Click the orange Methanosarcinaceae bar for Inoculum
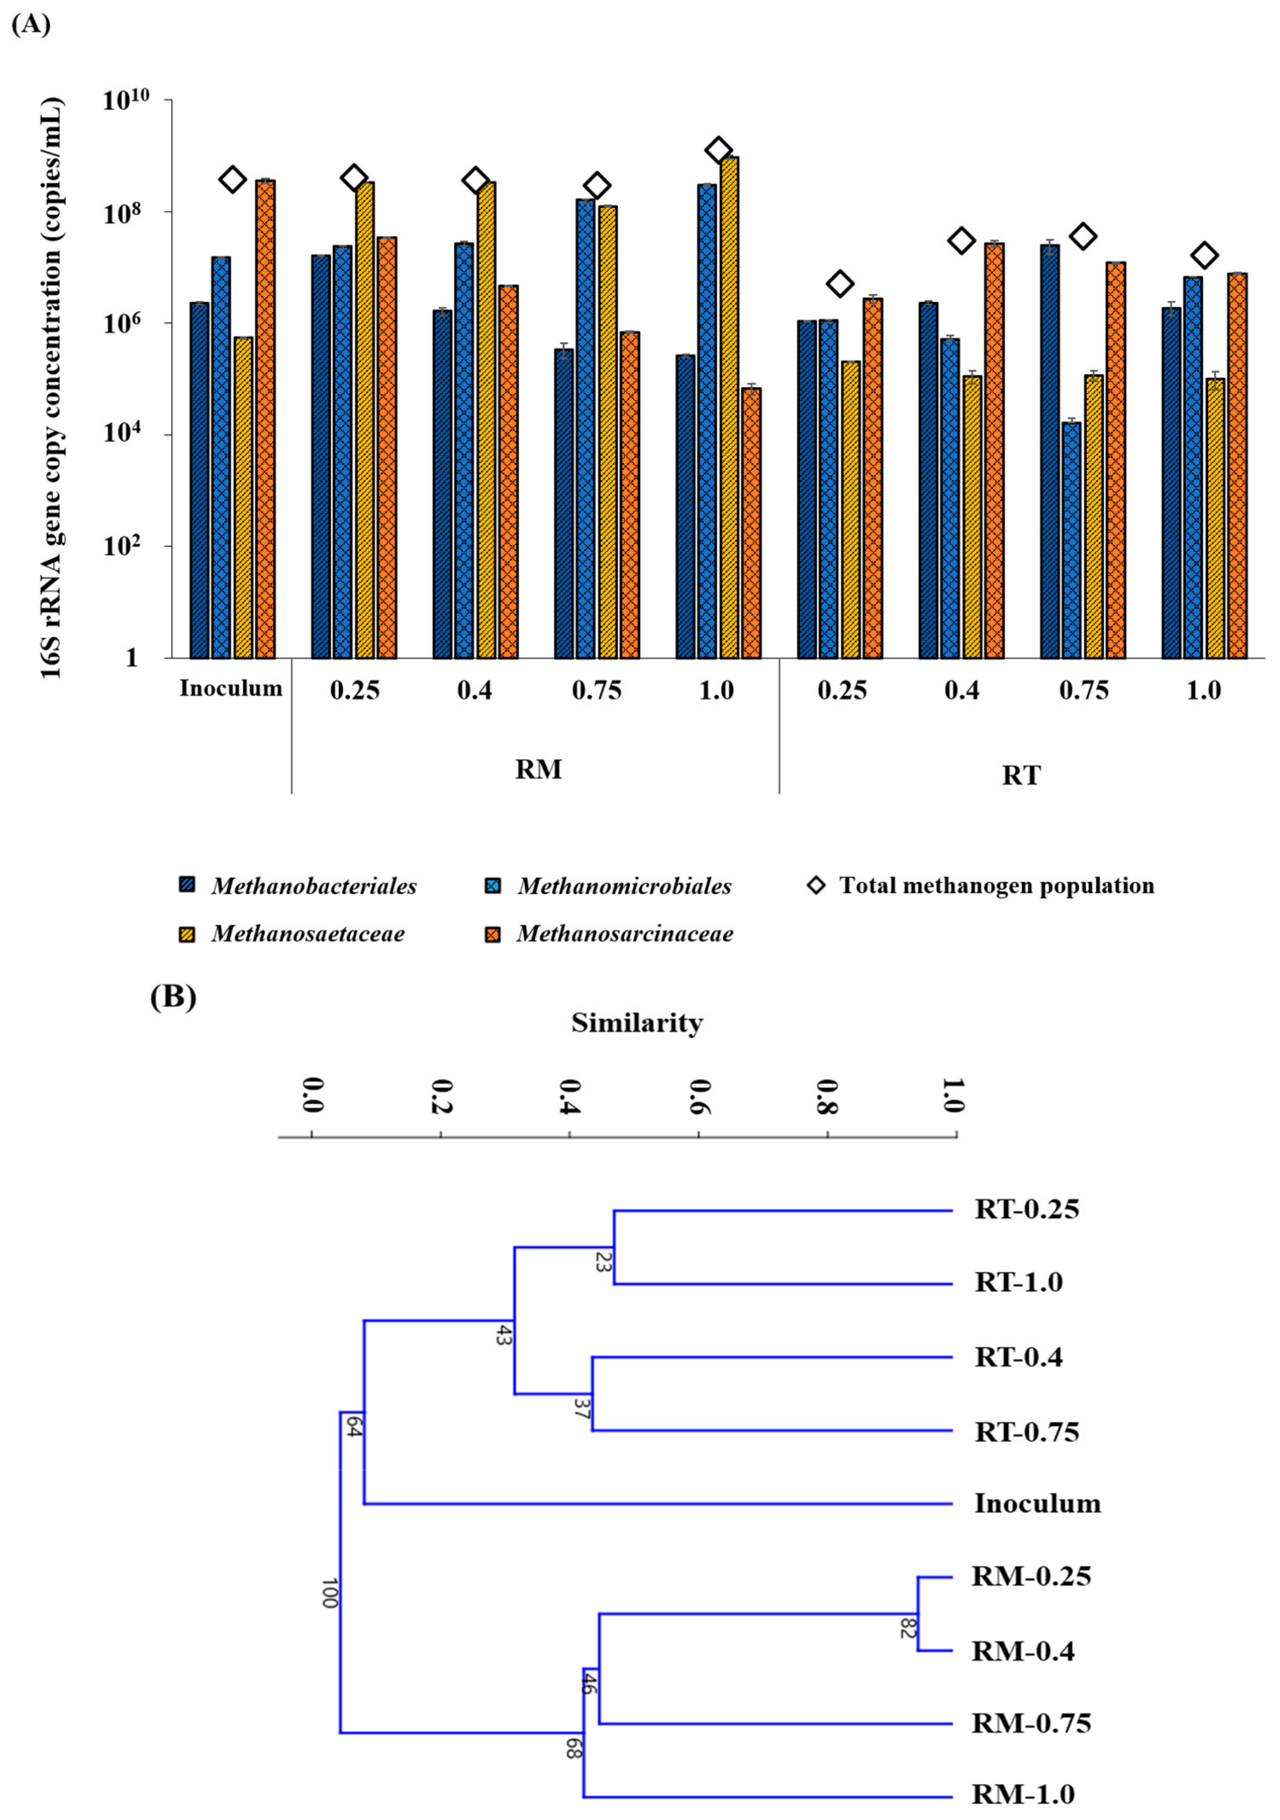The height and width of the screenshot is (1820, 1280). pyautogui.click(x=266, y=419)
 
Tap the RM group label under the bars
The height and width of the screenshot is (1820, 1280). pyautogui.click(x=538, y=769)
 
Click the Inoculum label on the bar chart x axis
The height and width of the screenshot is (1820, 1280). pyautogui.click(x=231, y=688)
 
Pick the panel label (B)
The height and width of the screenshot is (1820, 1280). pyautogui.click(x=173, y=996)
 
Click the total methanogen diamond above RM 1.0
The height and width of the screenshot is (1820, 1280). pyautogui.click(x=719, y=149)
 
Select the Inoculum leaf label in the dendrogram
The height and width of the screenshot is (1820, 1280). pyautogui.click(x=1037, y=1504)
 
